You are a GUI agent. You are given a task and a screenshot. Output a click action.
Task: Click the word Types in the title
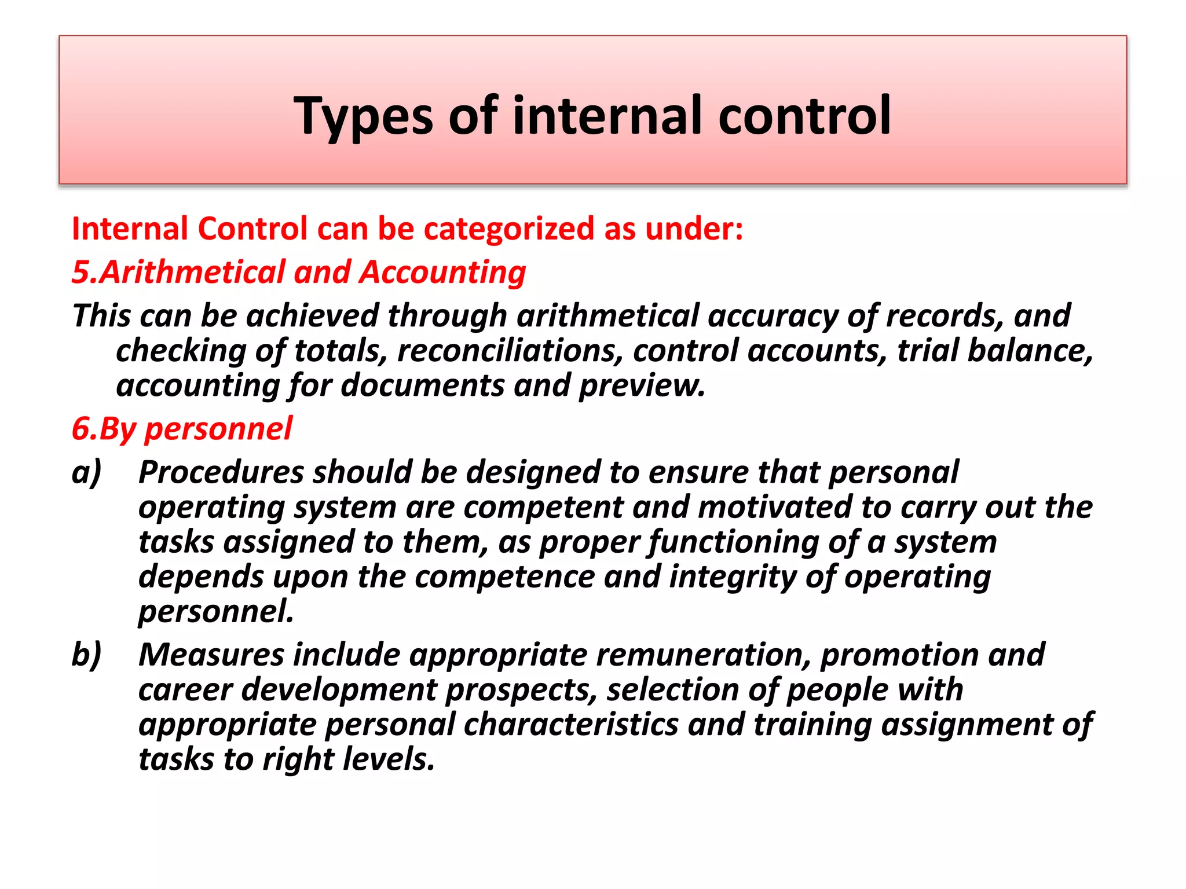pos(363,116)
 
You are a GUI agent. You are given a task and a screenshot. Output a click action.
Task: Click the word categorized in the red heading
pos(509,229)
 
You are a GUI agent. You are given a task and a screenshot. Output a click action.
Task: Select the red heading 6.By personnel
pos(182,429)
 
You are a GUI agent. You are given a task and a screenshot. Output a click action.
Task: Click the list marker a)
pos(86,472)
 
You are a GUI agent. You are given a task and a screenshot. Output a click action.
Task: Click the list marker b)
pos(86,655)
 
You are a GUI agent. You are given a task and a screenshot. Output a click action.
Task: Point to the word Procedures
pos(221,472)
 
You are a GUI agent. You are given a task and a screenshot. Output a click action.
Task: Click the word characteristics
pos(570,725)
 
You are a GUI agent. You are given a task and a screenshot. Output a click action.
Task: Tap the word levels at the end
pos(387,759)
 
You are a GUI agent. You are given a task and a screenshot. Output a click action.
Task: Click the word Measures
pos(211,655)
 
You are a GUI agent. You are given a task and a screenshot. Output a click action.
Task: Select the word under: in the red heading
pos(694,229)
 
